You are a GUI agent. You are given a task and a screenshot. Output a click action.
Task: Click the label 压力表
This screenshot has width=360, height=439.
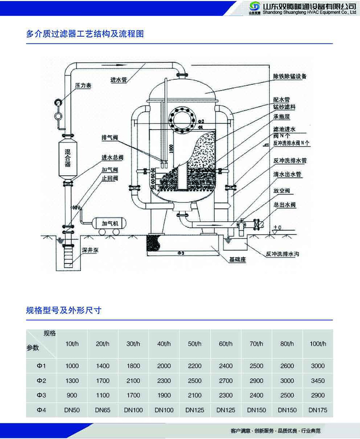83,86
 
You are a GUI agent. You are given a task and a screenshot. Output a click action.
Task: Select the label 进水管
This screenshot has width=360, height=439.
118,80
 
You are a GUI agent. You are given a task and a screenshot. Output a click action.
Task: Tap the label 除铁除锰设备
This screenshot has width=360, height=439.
290,76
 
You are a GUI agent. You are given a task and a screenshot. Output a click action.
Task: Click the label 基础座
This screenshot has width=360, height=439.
237,260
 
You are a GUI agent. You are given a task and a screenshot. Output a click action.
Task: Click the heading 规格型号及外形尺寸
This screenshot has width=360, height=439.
63,310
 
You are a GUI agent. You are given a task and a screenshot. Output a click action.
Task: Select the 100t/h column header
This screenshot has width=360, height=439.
318,343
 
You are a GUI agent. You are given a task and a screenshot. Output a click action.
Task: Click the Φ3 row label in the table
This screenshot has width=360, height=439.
41,395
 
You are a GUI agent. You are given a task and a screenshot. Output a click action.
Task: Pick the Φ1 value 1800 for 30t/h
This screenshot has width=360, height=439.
133,366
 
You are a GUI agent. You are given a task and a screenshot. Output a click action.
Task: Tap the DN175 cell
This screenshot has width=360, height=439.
318,410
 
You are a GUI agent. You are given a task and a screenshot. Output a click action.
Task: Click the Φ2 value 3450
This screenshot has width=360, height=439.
318,381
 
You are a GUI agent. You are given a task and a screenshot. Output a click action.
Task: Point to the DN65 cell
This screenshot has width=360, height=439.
103,410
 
